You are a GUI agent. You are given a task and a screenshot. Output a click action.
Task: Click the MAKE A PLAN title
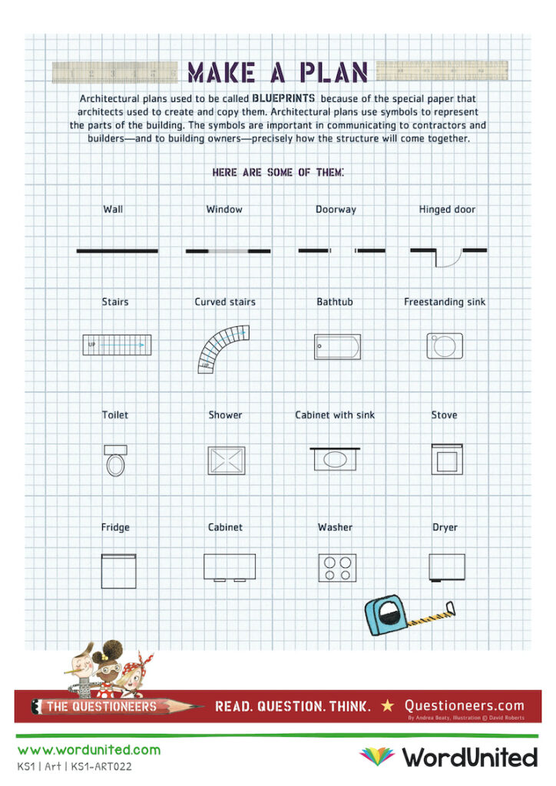tap(278, 72)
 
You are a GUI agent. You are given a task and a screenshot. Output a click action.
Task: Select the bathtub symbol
tap(337, 347)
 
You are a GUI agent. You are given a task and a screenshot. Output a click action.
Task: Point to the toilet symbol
tap(115, 461)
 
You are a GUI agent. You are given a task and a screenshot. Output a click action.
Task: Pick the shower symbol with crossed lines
tap(226, 460)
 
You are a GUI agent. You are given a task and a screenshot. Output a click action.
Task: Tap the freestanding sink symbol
tap(445, 345)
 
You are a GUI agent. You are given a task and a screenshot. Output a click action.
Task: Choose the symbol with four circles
tap(337, 567)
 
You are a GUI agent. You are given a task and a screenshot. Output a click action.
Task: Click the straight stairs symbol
tap(116, 345)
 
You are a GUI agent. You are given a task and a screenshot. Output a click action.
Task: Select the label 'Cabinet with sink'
tap(335, 415)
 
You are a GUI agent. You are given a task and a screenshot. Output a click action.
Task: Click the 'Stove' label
tap(444, 415)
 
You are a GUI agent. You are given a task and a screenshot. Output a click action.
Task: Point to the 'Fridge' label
tap(115, 527)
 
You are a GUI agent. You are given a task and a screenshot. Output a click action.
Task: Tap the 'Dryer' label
tap(445, 527)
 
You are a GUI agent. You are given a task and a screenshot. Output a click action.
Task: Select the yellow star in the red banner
tap(388, 705)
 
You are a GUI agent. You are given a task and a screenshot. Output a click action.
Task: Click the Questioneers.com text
tap(464, 705)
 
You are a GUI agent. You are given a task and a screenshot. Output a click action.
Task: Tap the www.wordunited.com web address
tap(89, 750)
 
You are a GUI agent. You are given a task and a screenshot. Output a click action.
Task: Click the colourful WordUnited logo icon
tap(376, 756)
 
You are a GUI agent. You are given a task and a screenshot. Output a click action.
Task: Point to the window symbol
tap(228, 251)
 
